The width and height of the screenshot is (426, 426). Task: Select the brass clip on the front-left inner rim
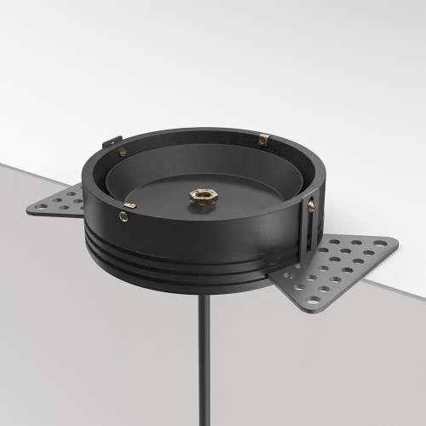pyautogui.click(x=130, y=204)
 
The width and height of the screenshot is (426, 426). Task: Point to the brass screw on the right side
pyautogui.click(x=312, y=205)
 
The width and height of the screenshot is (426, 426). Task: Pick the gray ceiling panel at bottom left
pyautogui.click(x=68, y=341)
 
